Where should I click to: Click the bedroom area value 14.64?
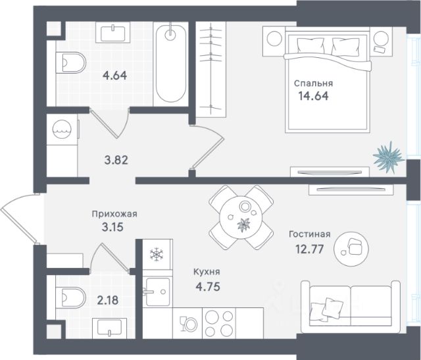pyautogui.click(x=313, y=96)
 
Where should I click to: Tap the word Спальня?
pyautogui.click(x=313, y=84)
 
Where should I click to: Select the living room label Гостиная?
pyautogui.click(x=310, y=234)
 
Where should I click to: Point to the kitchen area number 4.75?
pyautogui.click(x=208, y=287)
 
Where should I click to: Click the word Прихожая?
pyautogui.click(x=114, y=214)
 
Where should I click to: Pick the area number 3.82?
pyautogui.click(x=116, y=161)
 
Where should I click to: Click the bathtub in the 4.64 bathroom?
pyautogui.click(x=171, y=64)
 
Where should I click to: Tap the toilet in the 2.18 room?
pyautogui.click(x=70, y=297)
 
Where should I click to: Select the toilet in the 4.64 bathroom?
pyautogui.click(x=71, y=63)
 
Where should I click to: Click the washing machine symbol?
pyautogui.click(x=62, y=130)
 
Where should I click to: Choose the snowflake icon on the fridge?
pyautogui.click(x=157, y=255)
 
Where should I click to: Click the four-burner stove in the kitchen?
pyautogui.click(x=219, y=323)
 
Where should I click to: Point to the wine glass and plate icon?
pyautogui.click(x=187, y=323)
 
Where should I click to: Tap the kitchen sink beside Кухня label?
pyautogui.click(x=158, y=292)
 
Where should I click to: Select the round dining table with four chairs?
pyautogui.click(x=241, y=217)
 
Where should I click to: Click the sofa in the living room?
pyautogui.click(x=351, y=307)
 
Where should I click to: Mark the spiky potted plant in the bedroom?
pyautogui.click(x=388, y=158)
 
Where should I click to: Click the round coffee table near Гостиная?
pyautogui.click(x=351, y=249)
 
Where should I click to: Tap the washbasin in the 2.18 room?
pyautogui.click(x=110, y=328)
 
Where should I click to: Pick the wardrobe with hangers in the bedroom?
pyautogui.click(x=211, y=69)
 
